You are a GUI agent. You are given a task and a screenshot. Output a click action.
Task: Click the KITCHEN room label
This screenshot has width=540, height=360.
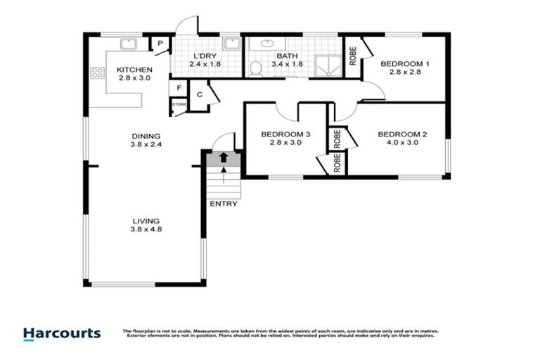click(134, 70)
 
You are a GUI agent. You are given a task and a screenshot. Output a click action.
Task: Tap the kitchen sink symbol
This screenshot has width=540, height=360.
click(128, 44)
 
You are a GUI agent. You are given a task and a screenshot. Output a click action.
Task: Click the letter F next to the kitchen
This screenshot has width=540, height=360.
click(179, 89)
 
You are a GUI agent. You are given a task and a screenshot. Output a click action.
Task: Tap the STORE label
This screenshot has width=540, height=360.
click(179, 105)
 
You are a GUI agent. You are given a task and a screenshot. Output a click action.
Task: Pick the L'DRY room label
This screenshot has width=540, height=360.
click(205, 56)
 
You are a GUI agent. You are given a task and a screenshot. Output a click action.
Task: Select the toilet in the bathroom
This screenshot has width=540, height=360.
click(257, 67)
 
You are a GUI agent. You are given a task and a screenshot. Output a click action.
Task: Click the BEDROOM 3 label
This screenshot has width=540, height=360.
click(285, 134)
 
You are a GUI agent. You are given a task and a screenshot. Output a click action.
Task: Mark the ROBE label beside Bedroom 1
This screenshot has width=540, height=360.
click(352, 56)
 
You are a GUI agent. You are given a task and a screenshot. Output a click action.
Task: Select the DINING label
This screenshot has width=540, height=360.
click(146, 136)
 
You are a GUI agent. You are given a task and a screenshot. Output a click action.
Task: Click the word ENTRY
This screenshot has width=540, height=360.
click(224, 205)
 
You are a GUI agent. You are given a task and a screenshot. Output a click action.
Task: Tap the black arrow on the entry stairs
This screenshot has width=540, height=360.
click(224, 158)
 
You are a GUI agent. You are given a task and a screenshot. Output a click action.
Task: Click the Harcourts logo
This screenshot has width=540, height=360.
click(62, 333)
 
